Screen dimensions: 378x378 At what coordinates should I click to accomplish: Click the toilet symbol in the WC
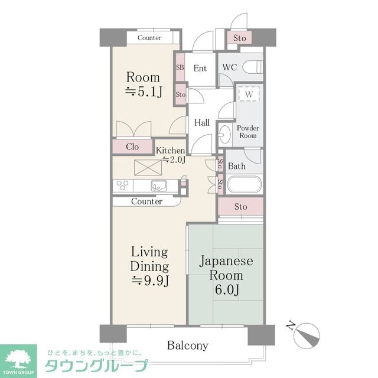pyautogui.click(x=252, y=67)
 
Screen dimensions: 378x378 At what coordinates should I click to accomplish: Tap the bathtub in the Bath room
pyautogui.click(x=244, y=185)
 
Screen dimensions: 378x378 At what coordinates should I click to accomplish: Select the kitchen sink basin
pyautogui.click(x=159, y=186)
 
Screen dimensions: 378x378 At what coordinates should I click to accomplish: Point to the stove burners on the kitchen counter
pyautogui.click(x=122, y=185)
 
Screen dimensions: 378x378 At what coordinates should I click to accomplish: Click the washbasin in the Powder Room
pyautogui.click(x=224, y=134)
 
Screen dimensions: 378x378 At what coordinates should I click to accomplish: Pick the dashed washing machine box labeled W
pyautogui.click(x=249, y=93)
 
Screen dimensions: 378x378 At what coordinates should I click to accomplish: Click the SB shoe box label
pyautogui.click(x=180, y=67)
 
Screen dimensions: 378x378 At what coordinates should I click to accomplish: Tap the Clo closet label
pyautogui.click(x=132, y=146)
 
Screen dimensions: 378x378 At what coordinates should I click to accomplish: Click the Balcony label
pyautogui.click(x=188, y=346)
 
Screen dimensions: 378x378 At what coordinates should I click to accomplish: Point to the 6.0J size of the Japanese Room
pyautogui.click(x=227, y=289)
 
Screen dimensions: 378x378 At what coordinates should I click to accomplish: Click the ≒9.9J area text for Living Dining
pyautogui.click(x=149, y=281)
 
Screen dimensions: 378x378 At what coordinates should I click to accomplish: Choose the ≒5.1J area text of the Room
pyautogui.click(x=144, y=92)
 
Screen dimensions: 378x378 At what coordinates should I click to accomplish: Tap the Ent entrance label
pyautogui.click(x=200, y=69)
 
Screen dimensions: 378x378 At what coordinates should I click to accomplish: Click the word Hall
pyautogui.click(x=202, y=123)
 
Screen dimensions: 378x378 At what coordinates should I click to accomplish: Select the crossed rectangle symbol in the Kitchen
pyautogui.click(x=148, y=168)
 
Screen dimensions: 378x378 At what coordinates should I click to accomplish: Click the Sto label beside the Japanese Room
pyautogui.click(x=240, y=207)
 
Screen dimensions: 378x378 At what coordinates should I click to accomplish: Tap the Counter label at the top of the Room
pyautogui.click(x=149, y=38)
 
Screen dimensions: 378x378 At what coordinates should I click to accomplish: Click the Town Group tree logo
pyautogui.click(x=18, y=359)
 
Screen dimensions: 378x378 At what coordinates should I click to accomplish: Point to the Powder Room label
pyautogui.click(x=248, y=132)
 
